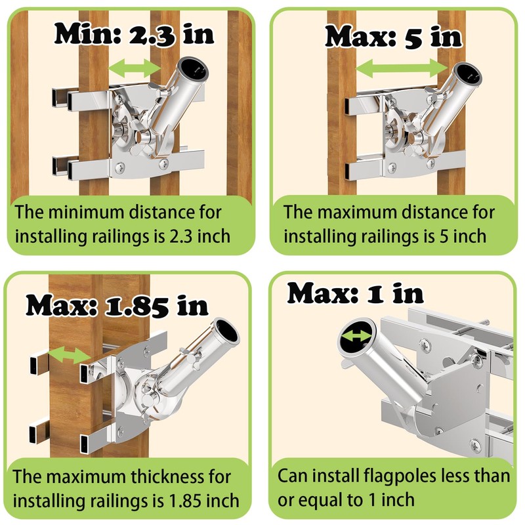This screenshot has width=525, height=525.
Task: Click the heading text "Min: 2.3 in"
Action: tap(134, 34)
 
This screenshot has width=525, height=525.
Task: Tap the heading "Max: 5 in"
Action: tap(393, 37)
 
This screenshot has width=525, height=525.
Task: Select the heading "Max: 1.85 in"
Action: tap(117, 305)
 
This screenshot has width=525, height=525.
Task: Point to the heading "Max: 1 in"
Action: tap(355, 293)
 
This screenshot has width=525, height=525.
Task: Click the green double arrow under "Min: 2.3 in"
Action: tap(135, 68)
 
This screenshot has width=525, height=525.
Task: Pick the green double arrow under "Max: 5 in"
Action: tap(402, 68)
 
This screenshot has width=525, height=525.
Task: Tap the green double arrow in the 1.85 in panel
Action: tap(69, 355)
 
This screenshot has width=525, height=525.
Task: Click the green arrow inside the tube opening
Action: tap(356, 336)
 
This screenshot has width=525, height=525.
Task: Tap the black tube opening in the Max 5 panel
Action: tap(469, 74)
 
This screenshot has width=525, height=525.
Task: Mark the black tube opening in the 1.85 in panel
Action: tap(226, 331)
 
